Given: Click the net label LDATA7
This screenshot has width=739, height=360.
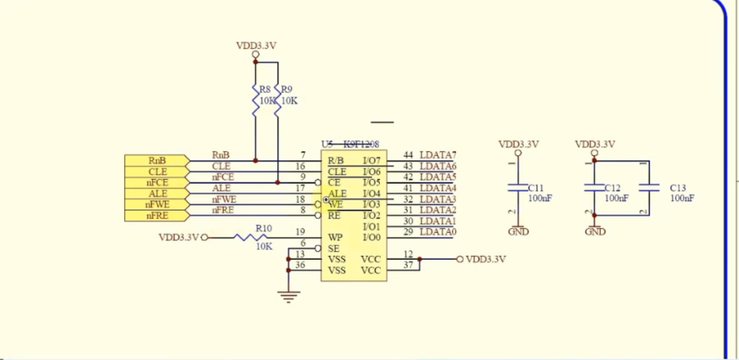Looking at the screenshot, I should (438, 155).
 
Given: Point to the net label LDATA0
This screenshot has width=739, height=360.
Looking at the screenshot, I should (438, 232).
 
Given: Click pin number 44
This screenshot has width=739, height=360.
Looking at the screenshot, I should (408, 155).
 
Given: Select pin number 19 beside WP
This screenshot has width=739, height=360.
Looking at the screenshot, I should (300, 232).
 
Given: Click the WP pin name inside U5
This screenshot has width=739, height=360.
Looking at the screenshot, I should (335, 238).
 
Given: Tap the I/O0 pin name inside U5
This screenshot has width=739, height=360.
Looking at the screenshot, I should (372, 238).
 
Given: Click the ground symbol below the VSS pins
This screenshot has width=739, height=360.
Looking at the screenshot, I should (287, 298).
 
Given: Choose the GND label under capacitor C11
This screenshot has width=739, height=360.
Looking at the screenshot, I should (518, 232).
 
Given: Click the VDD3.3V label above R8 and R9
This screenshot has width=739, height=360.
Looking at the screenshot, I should (256, 46).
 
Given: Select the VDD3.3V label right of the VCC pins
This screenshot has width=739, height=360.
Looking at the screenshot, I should (485, 259).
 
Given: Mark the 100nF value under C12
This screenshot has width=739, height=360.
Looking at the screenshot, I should (616, 198).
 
